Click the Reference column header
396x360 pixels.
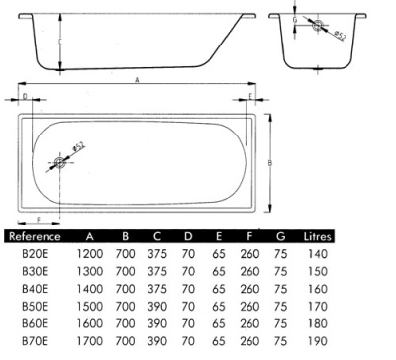35,236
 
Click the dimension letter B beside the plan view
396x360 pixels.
269,163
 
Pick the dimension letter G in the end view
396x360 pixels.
293,19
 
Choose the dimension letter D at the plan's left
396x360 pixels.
24,96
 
